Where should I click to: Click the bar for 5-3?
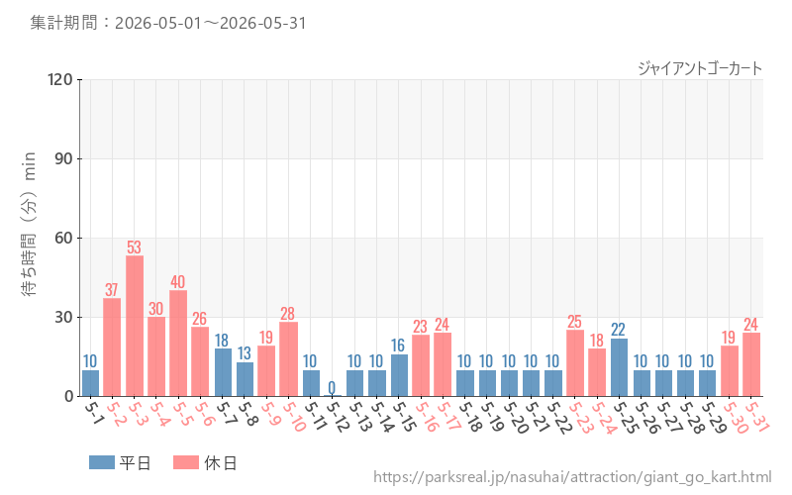tap(135, 326)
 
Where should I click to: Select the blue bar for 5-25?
tap(619, 367)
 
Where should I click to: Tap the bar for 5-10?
tap(288, 359)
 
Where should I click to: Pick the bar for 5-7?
tap(223, 372)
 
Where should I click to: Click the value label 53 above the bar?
tap(134, 247)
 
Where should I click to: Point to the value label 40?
tap(178, 281)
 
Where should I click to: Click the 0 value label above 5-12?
tap(332, 387)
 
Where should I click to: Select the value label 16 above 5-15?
tap(398, 346)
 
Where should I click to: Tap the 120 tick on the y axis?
tap(60, 79)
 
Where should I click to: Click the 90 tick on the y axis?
tap(64, 158)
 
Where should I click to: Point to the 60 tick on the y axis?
tap(64, 238)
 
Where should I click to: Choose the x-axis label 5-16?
tap(425, 417)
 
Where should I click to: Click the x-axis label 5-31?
tap(756, 417)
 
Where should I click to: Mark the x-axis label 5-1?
tap(93, 413)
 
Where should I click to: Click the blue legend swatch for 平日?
tap(102, 462)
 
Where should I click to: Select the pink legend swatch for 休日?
tap(186, 462)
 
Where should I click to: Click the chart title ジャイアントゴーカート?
tap(700, 68)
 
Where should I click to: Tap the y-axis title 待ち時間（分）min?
tap(29, 224)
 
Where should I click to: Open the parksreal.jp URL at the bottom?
tap(572, 477)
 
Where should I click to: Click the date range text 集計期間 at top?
tap(168, 23)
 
